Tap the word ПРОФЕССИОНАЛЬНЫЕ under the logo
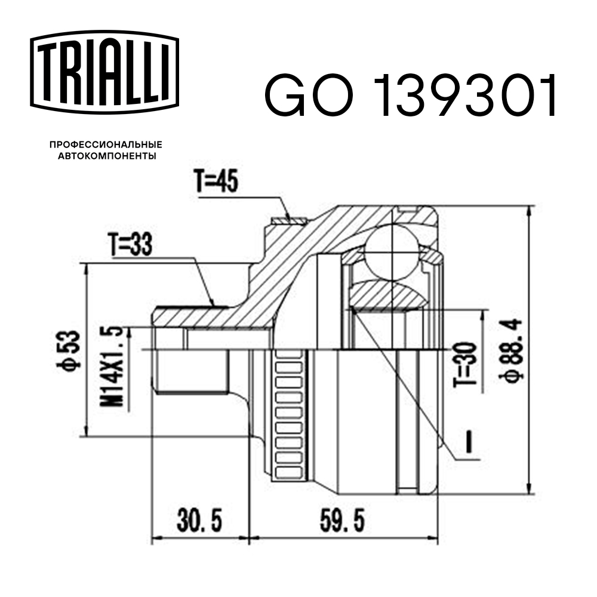[x=106, y=145]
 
